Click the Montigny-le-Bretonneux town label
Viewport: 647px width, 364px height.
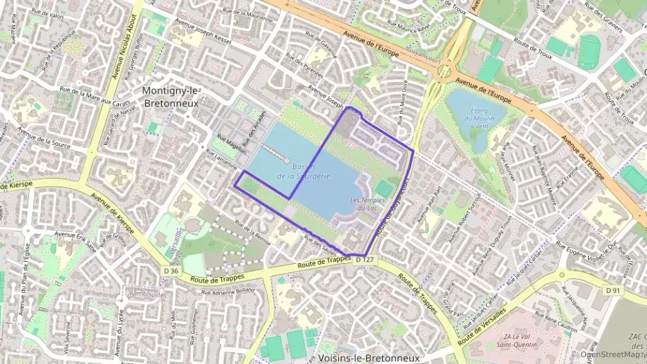[170, 97]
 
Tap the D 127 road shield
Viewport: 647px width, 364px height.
[365, 260]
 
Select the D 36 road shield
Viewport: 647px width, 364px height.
[171, 270]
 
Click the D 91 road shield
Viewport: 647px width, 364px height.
[612, 291]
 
